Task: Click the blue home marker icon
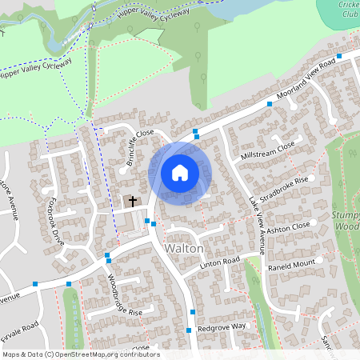click(x=180, y=172)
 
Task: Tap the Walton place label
click(x=183, y=249)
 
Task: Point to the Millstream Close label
click(x=266, y=150)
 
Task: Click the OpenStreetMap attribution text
click(x=80, y=354)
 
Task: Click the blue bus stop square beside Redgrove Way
click(x=190, y=330)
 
